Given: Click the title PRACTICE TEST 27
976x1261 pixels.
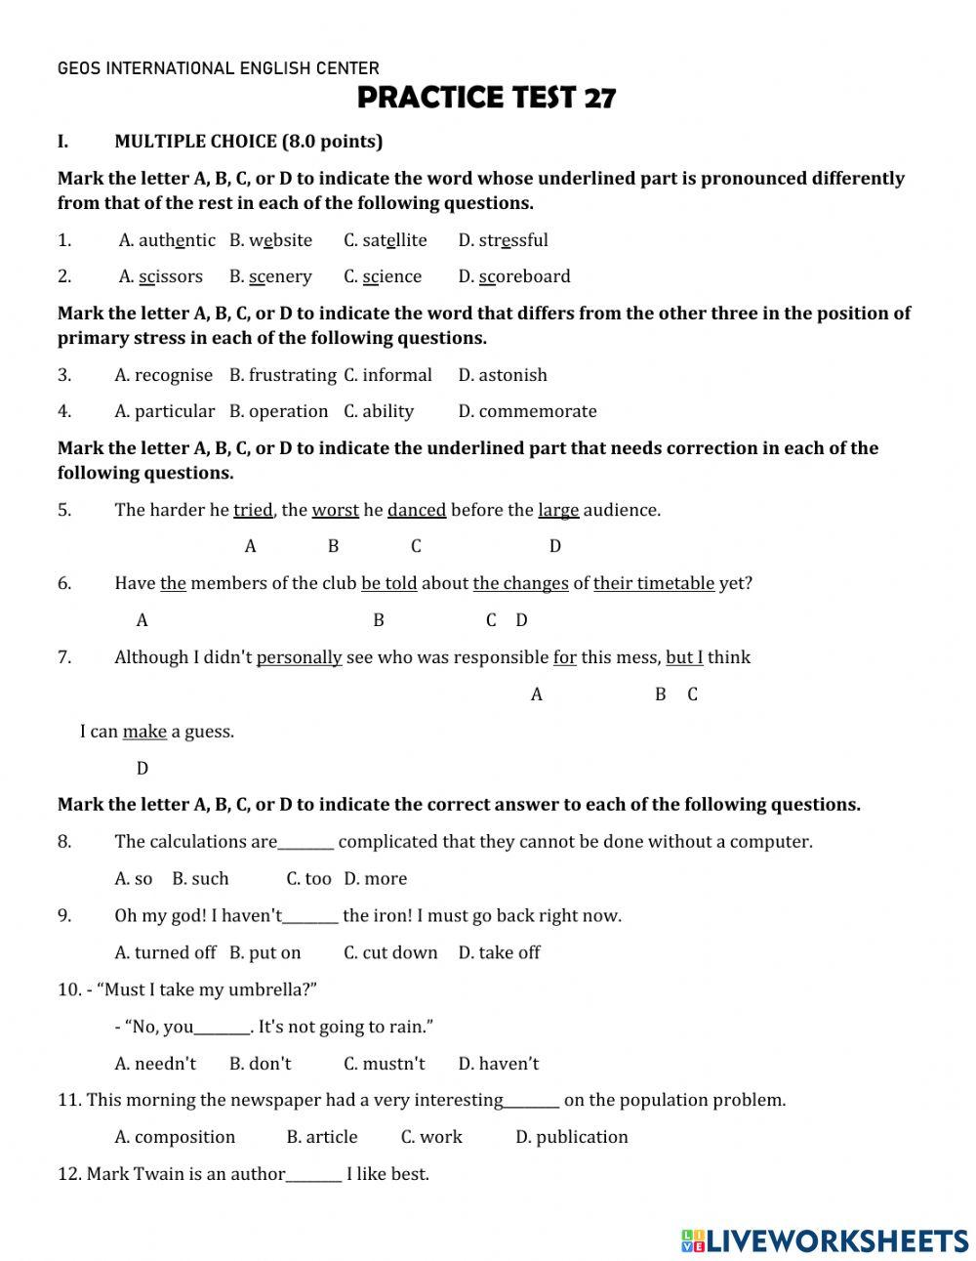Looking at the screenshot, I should (x=486, y=99).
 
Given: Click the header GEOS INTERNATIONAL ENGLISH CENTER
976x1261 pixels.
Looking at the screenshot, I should (x=219, y=68).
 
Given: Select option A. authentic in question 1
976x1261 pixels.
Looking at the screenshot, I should (x=167, y=240).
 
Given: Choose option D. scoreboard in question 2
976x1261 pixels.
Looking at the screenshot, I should (x=514, y=276).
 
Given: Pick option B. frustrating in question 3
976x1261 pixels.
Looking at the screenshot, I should (x=282, y=375).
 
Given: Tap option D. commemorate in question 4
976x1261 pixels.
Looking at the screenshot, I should (x=527, y=411).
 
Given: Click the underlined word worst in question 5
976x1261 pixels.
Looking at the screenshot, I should (x=335, y=510).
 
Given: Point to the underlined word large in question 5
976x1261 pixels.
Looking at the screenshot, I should (x=558, y=510).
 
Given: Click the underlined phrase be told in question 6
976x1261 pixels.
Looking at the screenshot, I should (x=388, y=583).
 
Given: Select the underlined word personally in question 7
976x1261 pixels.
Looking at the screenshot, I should (x=299, y=657).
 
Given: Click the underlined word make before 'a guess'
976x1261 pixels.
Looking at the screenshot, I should (x=144, y=732).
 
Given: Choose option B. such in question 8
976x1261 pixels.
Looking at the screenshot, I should (x=200, y=879).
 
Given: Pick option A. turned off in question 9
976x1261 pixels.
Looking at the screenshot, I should (x=165, y=952).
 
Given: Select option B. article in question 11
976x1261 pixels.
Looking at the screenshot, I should (x=321, y=1137).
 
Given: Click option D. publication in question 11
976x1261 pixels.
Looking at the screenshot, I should (x=571, y=1137).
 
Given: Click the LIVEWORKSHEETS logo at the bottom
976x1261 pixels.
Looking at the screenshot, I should (x=825, y=1240).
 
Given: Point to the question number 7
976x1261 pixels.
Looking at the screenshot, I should (x=64, y=657).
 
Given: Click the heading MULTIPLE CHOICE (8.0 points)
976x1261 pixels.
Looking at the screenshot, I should (x=248, y=142).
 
